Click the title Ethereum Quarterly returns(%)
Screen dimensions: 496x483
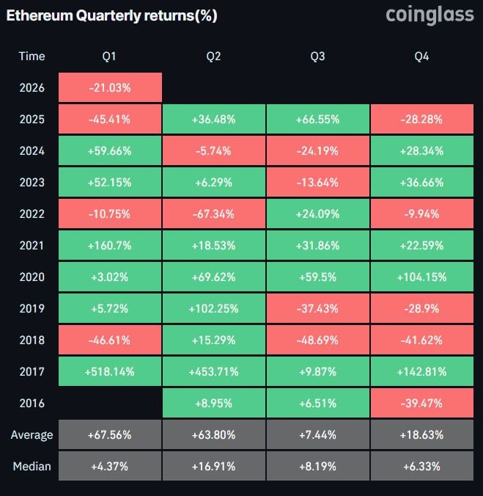click(111, 15)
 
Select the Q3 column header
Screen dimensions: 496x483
click(318, 56)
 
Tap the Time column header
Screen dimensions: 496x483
click(32, 56)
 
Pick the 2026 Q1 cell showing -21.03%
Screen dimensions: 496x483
click(110, 88)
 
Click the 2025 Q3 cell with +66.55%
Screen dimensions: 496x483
click(318, 120)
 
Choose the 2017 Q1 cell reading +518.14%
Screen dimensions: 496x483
click(110, 372)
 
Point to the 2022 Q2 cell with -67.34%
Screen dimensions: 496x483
click(214, 214)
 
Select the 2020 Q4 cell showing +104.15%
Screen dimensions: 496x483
click(422, 277)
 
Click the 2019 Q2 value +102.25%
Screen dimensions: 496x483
click(214, 309)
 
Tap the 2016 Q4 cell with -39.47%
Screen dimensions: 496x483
click(422, 404)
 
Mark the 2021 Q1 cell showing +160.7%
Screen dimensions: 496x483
click(110, 246)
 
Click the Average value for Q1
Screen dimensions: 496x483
click(110, 435)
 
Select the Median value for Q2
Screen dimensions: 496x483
click(214, 467)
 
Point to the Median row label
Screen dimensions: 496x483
click(32, 467)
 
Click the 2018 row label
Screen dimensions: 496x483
click(32, 340)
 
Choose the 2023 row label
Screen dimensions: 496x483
click(32, 183)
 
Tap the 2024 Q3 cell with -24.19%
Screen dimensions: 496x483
click(318, 151)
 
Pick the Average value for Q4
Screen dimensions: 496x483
click(422, 435)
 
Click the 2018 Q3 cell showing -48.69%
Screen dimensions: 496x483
click(318, 340)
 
